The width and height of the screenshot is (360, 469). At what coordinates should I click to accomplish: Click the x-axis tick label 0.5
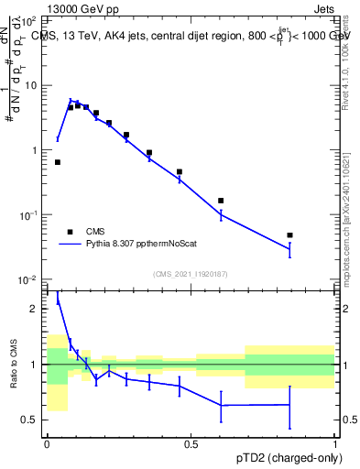[x=191, y=444]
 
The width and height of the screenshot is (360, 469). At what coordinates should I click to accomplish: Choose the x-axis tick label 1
[x=336, y=444]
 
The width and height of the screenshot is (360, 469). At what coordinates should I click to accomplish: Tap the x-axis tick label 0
[x=47, y=444]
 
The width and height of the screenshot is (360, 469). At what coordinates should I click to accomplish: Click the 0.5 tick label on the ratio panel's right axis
[x=349, y=420]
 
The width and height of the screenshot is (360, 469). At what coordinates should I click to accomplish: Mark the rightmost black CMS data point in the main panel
[x=289, y=235]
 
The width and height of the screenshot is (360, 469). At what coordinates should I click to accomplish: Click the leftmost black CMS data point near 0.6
[x=58, y=162]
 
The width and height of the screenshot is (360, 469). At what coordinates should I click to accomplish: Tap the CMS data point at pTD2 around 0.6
[x=221, y=201]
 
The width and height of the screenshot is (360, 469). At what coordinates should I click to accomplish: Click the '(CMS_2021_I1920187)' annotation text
[x=191, y=273]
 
